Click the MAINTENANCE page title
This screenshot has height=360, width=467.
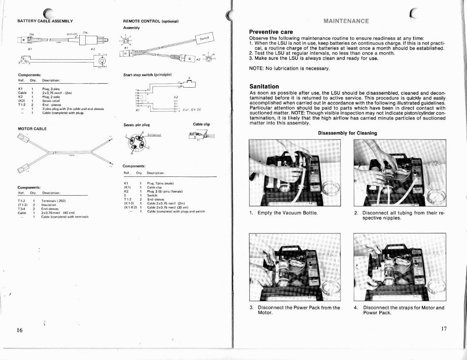[346, 21]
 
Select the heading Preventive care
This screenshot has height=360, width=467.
[271, 32]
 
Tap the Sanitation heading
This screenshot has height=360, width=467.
[264, 86]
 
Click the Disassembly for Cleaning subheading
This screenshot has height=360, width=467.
[347, 133]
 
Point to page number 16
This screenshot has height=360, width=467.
[20, 330]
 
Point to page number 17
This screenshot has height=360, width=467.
[443, 329]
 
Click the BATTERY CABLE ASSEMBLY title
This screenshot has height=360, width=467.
[45, 20]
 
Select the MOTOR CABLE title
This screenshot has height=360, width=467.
[32, 129]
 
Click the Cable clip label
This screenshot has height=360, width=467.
[201, 124]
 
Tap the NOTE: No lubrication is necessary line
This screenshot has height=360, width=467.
[289, 68]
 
